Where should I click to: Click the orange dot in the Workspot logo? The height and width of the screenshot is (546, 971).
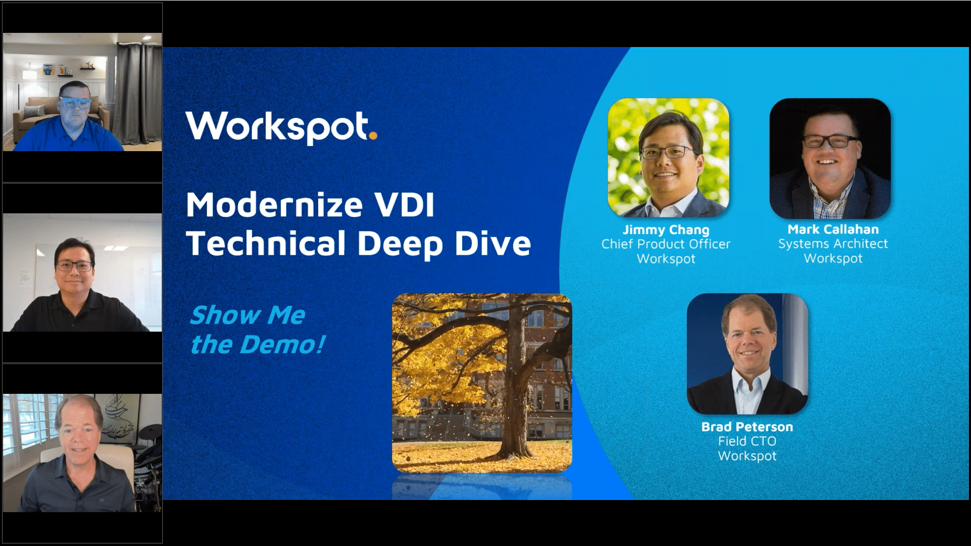click(x=373, y=135)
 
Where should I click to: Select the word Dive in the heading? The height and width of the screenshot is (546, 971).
click(x=493, y=244)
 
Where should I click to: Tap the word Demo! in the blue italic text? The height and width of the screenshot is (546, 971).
click(x=282, y=345)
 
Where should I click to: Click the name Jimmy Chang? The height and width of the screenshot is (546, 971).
click(x=666, y=230)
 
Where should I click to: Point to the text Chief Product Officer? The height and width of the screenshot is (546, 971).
click(x=666, y=244)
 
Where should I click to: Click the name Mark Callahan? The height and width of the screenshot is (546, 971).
click(x=833, y=230)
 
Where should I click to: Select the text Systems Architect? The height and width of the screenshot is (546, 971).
click(x=833, y=244)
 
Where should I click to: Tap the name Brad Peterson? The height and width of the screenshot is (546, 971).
click(x=747, y=427)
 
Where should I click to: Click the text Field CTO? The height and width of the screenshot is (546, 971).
click(x=747, y=441)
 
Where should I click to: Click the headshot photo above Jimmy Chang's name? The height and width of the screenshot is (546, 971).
click(x=668, y=158)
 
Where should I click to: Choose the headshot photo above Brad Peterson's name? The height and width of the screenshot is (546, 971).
click(x=747, y=354)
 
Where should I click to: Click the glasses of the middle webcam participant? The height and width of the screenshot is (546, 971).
click(x=74, y=265)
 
